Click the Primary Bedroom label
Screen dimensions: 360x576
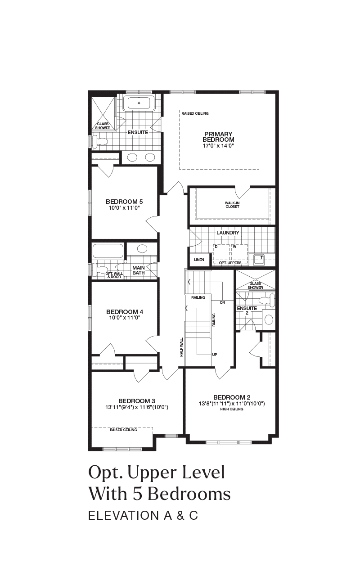pyautogui.click(x=219, y=137)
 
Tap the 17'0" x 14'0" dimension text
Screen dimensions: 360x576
pyautogui.click(x=218, y=145)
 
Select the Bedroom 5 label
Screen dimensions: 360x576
pyautogui.click(x=124, y=201)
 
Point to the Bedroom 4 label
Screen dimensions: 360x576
pyautogui.click(x=125, y=312)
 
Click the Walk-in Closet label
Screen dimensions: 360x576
pyautogui.click(x=233, y=205)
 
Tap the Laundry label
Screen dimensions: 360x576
pyautogui.click(x=228, y=233)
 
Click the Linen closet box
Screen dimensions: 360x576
pyautogui.click(x=199, y=260)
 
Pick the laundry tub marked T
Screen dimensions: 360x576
pyautogui.click(x=258, y=259)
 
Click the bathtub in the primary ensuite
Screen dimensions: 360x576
pyautogui.click(x=139, y=103)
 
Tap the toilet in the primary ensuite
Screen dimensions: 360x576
pyautogui.click(x=100, y=142)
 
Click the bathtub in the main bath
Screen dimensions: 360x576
pyautogui.click(x=108, y=251)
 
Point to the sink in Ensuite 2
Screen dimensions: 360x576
pyautogui.click(x=269, y=319)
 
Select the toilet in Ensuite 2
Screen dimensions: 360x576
pyautogui.click(x=267, y=300)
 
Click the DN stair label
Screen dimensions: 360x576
pyautogui.click(x=222, y=303)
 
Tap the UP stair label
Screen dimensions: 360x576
pyautogui.click(x=215, y=355)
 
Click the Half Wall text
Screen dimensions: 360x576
pyautogui.click(x=181, y=347)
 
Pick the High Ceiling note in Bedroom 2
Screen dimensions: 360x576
pyautogui.click(x=232, y=409)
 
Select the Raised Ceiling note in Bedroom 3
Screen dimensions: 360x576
pyautogui.click(x=123, y=430)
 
